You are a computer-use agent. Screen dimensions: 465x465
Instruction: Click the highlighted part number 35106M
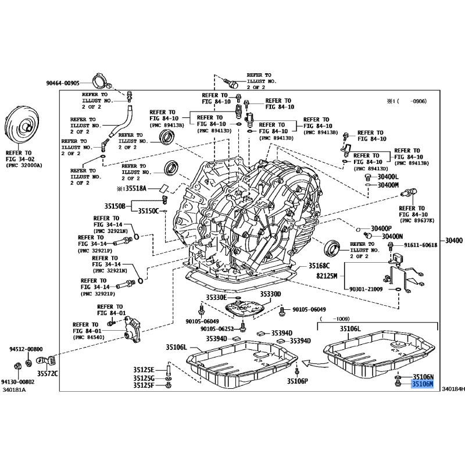(423, 384)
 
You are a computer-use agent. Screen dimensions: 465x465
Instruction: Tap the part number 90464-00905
(70, 83)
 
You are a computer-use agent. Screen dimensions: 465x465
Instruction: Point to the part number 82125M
(326, 276)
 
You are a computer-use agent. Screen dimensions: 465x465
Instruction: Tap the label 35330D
(270, 295)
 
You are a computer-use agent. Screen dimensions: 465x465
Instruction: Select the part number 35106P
(298, 382)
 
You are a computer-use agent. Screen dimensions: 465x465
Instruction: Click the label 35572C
(48, 373)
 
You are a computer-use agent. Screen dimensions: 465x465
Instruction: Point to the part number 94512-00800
(26, 349)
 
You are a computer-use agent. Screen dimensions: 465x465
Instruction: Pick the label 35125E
(143, 370)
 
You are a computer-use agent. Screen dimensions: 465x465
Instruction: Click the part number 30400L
(388, 177)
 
